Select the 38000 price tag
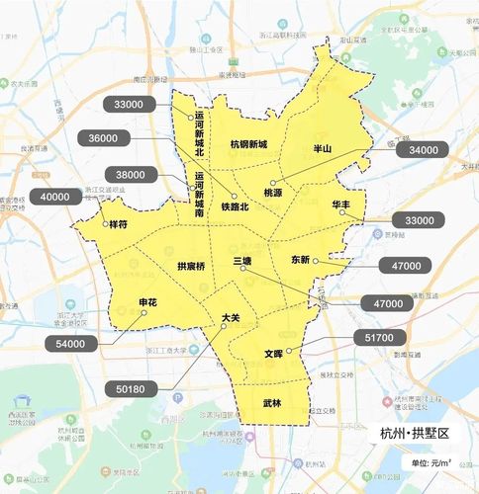click(x=130, y=175)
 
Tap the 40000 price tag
click(x=56, y=197)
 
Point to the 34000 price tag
click(x=421, y=149)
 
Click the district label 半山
click(x=324, y=147)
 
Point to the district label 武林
click(x=272, y=403)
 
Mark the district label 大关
click(x=230, y=318)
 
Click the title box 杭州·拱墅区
click(x=415, y=435)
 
